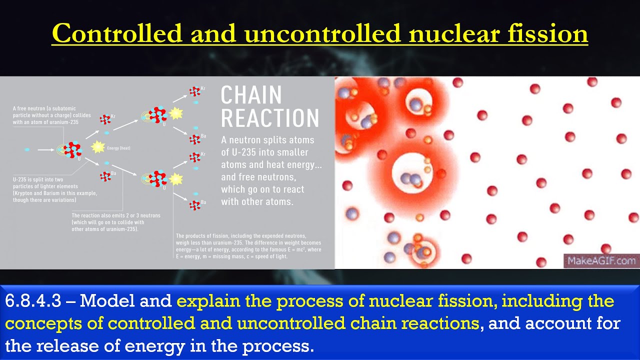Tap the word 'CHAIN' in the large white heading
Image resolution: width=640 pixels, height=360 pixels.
[x=251, y=95]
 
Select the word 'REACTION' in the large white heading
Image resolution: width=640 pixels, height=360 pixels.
[x=270, y=118]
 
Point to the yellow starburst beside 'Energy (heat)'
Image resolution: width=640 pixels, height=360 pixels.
[x=97, y=147]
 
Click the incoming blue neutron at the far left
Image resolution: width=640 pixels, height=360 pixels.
[x=27, y=149]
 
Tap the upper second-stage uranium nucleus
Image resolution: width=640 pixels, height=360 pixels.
[x=157, y=114]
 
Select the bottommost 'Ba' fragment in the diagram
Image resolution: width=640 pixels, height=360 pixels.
[x=195, y=204]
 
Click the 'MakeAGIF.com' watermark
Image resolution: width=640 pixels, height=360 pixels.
[x=600, y=260]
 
